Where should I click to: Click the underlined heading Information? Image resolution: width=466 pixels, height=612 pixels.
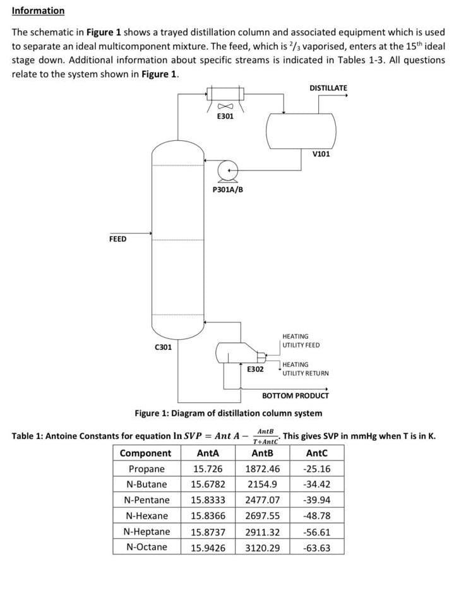(38, 11)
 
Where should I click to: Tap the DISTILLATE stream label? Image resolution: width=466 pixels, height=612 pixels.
(328, 88)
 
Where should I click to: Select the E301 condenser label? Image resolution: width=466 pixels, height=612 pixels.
(225, 117)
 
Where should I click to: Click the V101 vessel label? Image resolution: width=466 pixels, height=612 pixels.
(321, 153)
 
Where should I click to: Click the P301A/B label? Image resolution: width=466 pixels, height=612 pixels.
(228, 189)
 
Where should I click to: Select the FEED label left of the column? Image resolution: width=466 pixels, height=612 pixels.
(117, 239)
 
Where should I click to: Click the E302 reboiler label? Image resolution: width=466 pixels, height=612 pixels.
(255, 369)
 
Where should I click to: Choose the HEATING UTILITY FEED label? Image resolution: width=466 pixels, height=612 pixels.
(301, 341)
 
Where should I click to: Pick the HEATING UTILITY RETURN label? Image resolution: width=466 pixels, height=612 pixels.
(305, 369)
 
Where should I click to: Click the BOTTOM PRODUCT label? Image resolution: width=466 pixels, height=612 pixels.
(295, 396)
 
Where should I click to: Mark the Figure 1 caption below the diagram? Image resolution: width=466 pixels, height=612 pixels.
(228, 413)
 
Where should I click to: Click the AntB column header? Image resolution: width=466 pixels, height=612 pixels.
(262, 453)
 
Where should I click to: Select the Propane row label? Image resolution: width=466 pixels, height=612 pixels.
(146, 469)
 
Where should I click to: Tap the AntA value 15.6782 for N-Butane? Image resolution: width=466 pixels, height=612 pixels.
(208, 484)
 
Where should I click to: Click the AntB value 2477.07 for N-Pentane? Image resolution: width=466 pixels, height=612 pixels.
(262, 500)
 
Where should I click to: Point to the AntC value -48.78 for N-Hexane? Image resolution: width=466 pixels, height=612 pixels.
(316, 516)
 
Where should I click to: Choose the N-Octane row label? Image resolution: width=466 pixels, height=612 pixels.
(146, 547)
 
